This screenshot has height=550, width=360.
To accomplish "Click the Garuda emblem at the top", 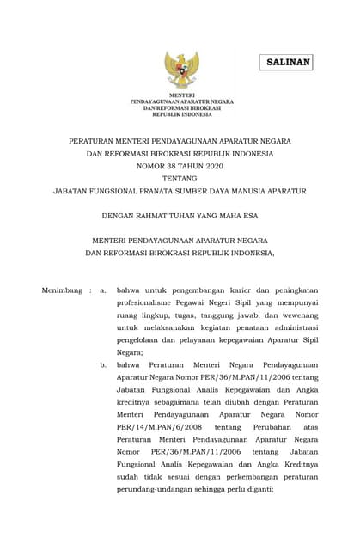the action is [182, 69].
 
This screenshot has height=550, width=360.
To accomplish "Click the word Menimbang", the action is [62, 290].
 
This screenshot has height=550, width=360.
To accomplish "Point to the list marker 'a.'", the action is [103, 290].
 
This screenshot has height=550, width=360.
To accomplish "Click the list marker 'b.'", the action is [103, 364].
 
